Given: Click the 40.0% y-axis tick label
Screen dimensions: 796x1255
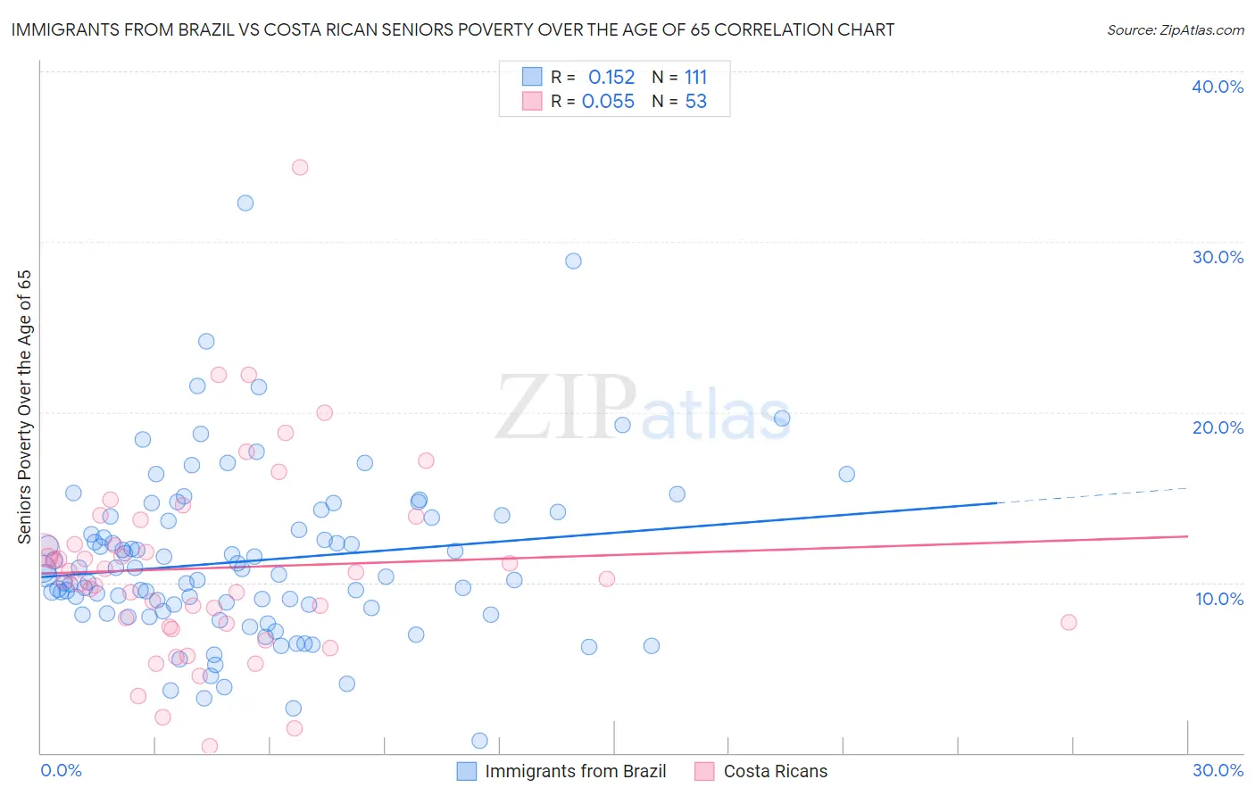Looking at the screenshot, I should click(1218, 87).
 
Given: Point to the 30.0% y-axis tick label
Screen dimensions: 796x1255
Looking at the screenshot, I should click(1218, 257).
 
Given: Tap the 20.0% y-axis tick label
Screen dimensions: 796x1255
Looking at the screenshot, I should click(1218, 427).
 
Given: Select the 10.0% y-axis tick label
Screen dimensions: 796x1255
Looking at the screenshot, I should click(1218, 599).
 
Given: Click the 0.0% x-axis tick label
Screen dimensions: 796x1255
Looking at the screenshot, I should click(61, 770).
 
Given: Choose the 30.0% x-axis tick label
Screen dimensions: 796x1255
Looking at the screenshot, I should click(1218, 770).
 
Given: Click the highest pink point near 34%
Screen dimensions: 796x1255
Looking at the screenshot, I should click(300, 167).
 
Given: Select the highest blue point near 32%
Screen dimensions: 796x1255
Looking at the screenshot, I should click(245, 203).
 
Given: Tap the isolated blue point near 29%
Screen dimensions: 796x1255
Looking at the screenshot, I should click(573, 261).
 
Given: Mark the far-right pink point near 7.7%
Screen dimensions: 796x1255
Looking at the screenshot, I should click(1068, 622).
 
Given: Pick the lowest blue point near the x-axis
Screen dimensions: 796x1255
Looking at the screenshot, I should click(479, 741).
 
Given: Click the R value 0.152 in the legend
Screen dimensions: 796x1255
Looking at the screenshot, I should click(611, 78).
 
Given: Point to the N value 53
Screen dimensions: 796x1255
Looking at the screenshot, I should click(696, 102).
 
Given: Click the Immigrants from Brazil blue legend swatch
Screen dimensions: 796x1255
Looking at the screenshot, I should click(466, 771).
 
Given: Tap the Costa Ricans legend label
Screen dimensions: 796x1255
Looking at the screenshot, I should click(775, 771).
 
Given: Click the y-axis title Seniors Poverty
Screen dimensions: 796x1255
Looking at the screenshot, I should click(24, 406).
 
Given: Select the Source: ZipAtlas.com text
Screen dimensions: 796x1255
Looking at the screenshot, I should click(1175, 30).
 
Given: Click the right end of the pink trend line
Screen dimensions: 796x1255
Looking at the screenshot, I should click(1186, 536).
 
